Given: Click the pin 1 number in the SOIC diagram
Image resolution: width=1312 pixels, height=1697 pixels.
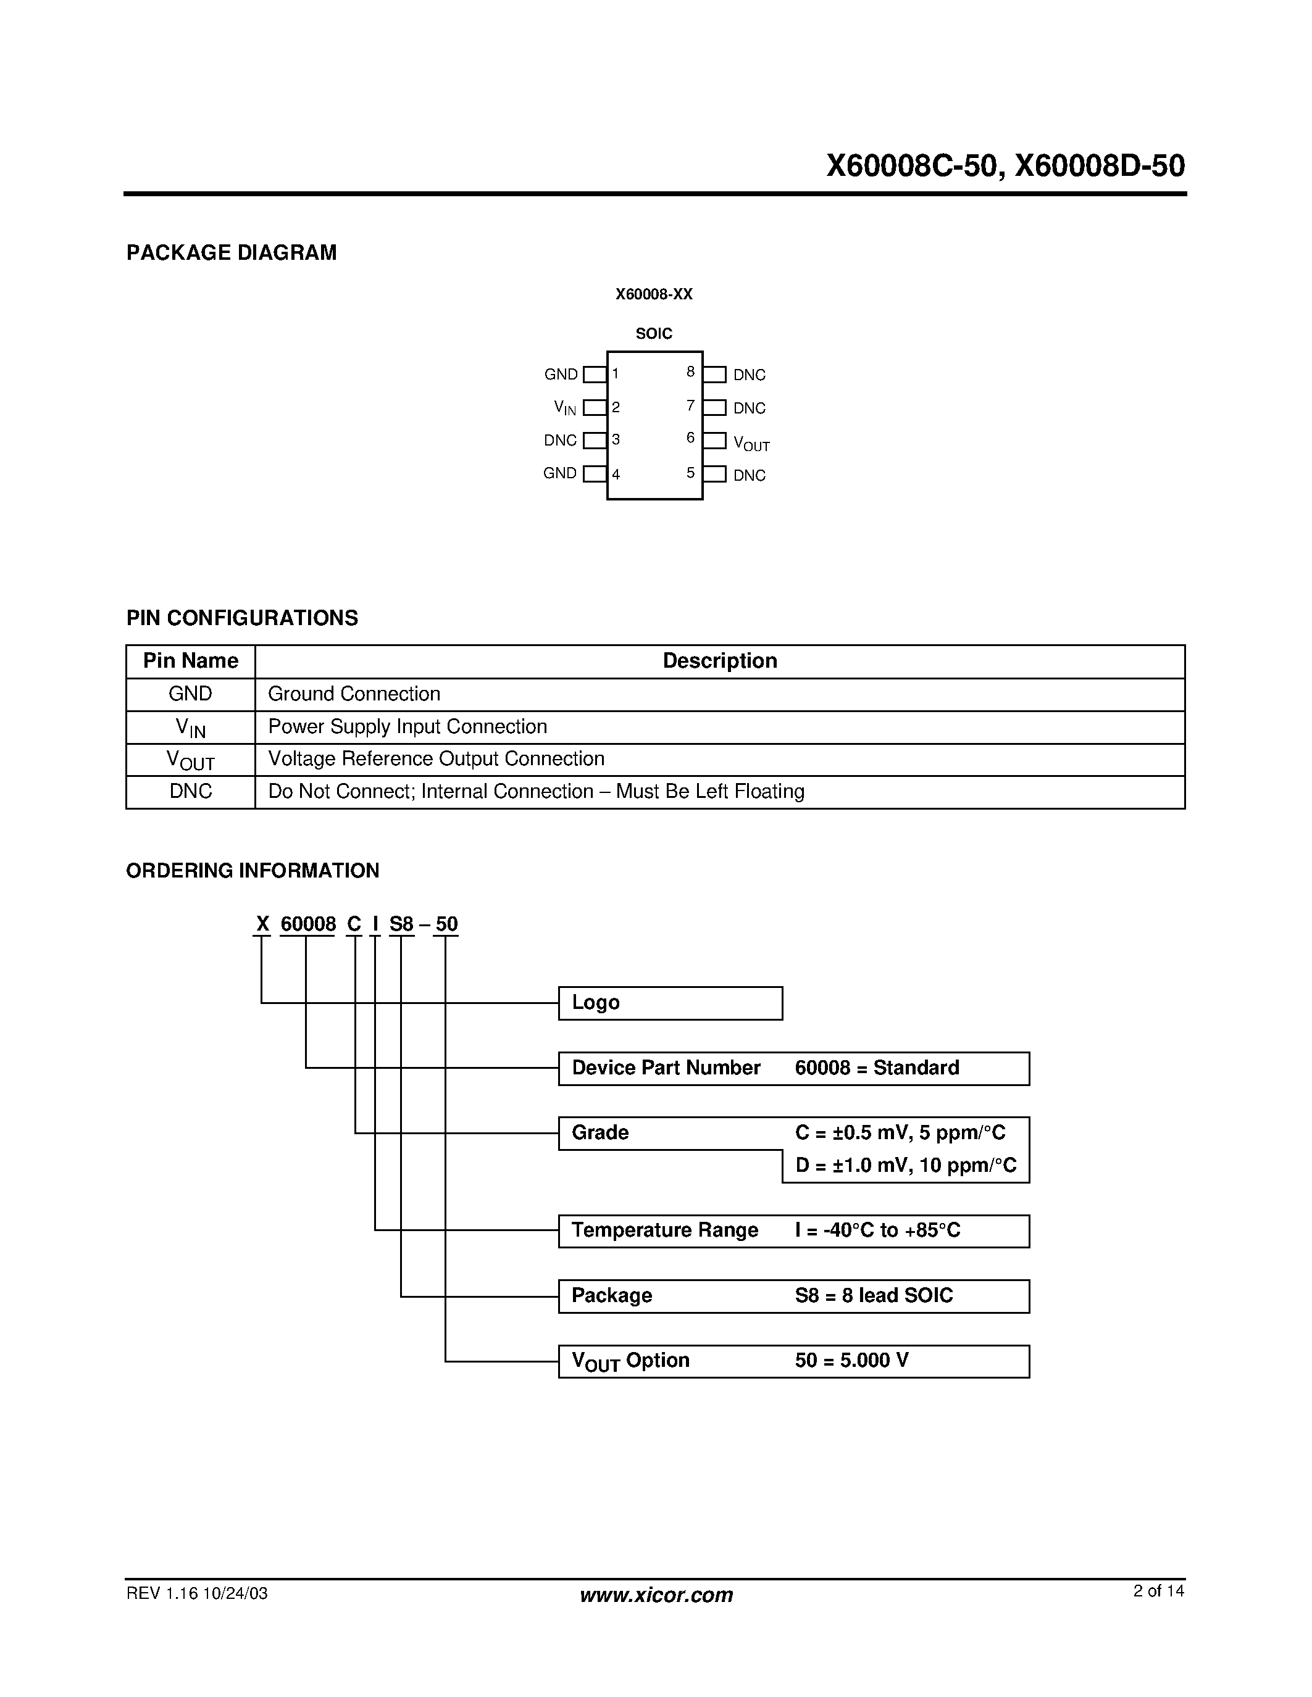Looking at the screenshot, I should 616,374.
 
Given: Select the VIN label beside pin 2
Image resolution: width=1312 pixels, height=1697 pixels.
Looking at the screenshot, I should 565,407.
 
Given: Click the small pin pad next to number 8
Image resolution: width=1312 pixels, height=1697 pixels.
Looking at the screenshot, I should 714,375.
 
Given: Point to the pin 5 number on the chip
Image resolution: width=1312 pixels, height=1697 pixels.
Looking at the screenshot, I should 690,473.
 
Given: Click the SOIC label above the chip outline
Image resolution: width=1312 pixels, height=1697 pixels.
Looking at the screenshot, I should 654,334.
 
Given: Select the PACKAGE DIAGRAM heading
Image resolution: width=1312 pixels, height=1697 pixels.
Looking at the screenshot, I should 231,252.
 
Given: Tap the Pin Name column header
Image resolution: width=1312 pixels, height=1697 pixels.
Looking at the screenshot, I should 190,662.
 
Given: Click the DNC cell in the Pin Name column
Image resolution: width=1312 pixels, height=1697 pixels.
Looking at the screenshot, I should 190,791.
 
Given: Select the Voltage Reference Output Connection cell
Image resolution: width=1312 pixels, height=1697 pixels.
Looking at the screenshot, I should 436,758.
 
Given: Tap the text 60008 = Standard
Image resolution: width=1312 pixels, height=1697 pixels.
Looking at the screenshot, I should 877,1068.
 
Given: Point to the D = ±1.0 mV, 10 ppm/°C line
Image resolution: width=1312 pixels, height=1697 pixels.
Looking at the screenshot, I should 906,1166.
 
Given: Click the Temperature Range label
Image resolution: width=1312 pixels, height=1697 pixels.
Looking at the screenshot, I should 664,1230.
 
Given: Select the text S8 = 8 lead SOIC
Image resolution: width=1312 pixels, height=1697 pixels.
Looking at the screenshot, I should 874,1295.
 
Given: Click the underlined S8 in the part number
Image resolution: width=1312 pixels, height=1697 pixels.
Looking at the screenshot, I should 401,924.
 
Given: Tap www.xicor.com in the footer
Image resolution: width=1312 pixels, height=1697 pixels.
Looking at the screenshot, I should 656,1595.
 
